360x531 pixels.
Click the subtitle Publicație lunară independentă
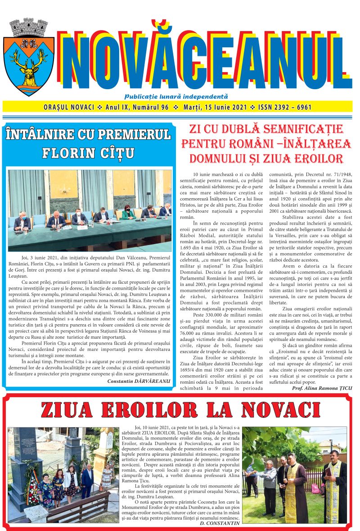(176, 96)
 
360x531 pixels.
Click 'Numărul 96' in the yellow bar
(149, 108)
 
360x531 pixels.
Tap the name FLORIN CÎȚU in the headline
(88, 153)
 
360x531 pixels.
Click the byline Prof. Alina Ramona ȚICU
(322, 387)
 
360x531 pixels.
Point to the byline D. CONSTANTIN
(219, 523)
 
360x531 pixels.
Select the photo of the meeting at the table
(90, 210)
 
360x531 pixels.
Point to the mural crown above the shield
(28, 28)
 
